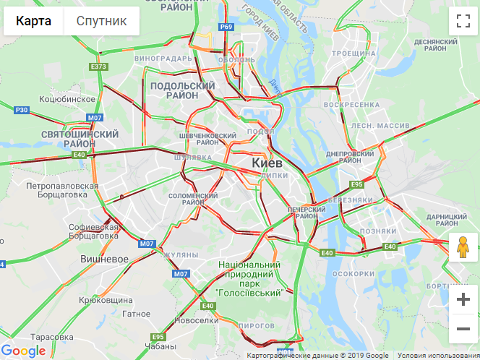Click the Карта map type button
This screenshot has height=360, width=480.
coord(33,21)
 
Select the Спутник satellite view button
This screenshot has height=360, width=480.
coord(101,21)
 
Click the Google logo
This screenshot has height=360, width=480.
coord(24,351)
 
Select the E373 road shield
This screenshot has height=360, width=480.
coord(99,67)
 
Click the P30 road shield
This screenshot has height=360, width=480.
coord(21,110)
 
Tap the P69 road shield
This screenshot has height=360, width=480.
coord(226,27)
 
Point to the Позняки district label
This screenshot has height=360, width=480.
coord(377,231)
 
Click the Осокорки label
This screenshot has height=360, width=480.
coord(352,274)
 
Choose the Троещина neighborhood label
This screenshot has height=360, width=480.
coord(353,53)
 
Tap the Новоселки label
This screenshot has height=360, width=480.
coord(197,320)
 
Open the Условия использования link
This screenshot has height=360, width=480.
coord(438,355)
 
